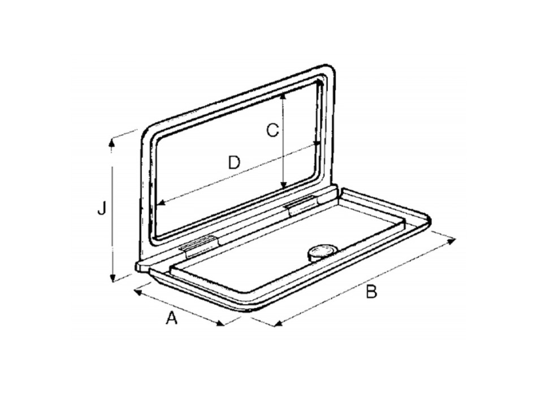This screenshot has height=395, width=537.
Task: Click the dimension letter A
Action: tap(172, 319)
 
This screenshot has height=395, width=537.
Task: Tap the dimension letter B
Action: tap(371, 292)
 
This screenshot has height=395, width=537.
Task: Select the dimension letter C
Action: tap(272, 131)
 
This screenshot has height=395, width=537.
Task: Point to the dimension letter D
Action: tap(233, 163)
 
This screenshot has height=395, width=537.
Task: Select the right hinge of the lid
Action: tap(302, 206)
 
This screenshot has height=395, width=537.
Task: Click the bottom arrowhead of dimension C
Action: tap(283, 187)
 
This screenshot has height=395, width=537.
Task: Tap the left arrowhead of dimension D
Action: tap(161, 203)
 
